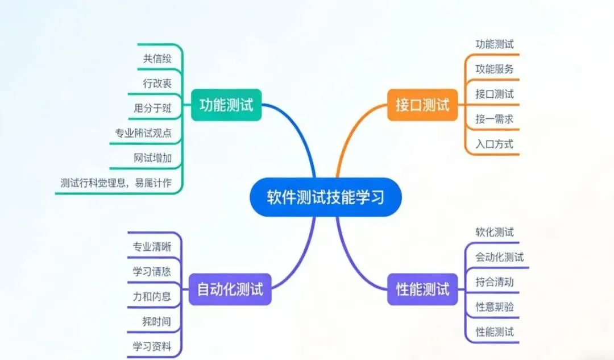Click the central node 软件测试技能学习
coord(326,197)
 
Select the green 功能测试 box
coord(226,105)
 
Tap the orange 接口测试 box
coord(422,105)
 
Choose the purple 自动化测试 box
coord(230,289)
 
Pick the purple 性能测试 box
coord(422,289)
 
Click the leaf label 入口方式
coord(494,144)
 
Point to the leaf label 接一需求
coord(494,119)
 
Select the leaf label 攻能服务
coord(494,69)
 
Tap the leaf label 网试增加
coord(152,158)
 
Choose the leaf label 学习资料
coord(152,346)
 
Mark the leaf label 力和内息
coord(152,296)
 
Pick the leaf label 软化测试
coord(494,232)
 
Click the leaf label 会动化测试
coord(499,257)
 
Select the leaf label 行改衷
coord(157,83)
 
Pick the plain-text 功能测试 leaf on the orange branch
coord(494,44)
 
